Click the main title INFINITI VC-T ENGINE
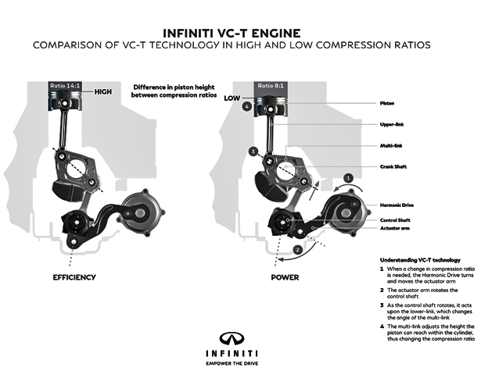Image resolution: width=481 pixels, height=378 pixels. click(240, 33)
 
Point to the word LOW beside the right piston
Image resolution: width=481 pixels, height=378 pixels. click(232, 99)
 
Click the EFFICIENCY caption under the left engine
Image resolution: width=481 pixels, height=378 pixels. click(74, 277)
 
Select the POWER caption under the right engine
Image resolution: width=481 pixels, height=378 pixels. click(285, 277)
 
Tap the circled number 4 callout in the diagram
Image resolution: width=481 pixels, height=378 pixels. click(246, 106)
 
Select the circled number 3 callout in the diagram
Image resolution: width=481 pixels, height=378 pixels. click(253, 151)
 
